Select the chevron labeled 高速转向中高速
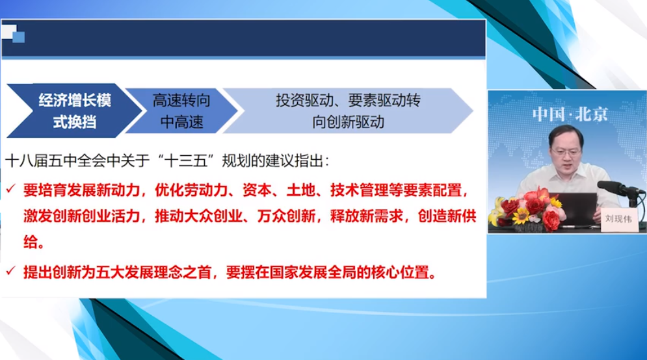click(x=181, y=110)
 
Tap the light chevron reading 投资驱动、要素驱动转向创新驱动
click(x=348, y=110)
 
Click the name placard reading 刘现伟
click(x=618, y=218)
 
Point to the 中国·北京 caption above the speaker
click(x=570, y=114)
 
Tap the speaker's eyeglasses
click(x=566, y=152)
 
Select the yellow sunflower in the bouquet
click(x=521, y=215)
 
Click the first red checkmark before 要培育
click(x=10, y=189)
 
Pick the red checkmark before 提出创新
click(x=10, y=270)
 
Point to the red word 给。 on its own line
click(x=34, y=242)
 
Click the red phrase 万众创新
click(x=286, y=216)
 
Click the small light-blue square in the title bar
click(x=19, y=37)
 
